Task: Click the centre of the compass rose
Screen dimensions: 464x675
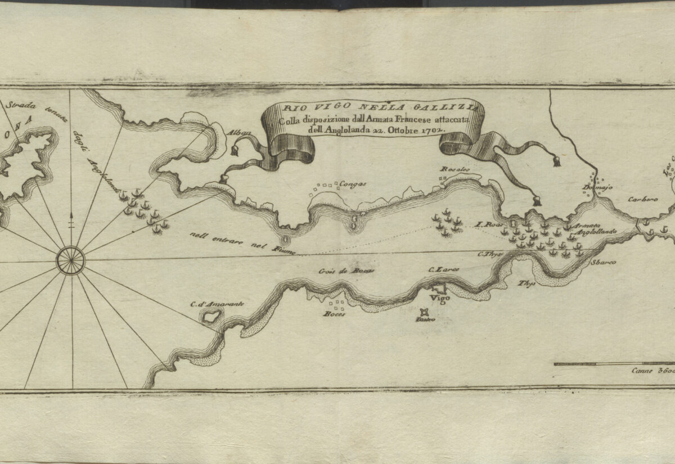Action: click(71, 261)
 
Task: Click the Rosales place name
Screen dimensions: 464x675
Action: click(454, 169)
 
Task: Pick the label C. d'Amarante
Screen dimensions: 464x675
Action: click(217, 304)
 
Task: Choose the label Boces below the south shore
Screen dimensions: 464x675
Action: click(334, 314)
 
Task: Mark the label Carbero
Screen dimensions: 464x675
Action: click(643, 199)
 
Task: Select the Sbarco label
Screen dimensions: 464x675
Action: click(604, 263)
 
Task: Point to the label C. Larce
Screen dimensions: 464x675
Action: click(444, 270)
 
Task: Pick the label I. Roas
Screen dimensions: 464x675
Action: click(487, 224)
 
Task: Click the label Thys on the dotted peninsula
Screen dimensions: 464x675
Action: click(526, 283)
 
